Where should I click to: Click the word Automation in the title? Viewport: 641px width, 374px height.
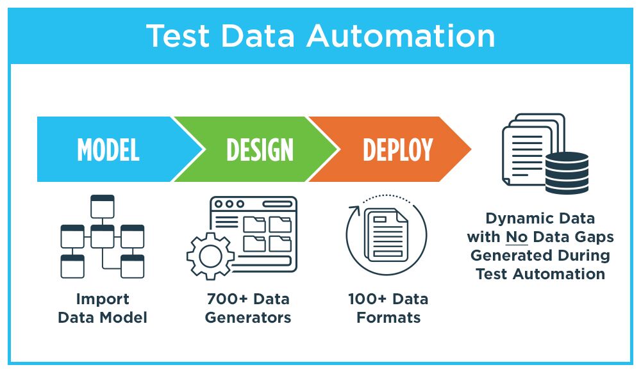401,36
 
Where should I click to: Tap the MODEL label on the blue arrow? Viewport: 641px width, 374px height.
108,150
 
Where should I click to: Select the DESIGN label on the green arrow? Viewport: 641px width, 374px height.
260,150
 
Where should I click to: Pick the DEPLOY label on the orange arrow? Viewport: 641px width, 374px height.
397,150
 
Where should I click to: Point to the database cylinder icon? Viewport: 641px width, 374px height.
566,172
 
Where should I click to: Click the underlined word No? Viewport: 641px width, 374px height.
517,237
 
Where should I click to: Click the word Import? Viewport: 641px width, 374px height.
103,299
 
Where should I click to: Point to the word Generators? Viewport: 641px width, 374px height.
247,317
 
